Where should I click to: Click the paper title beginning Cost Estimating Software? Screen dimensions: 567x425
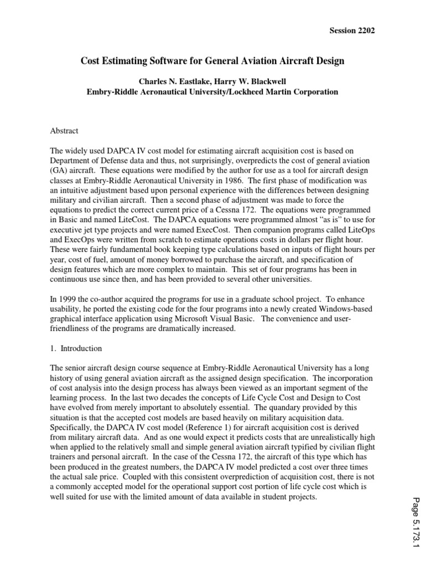[x=212, y=61]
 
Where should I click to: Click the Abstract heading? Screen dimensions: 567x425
[x=64, y=131]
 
